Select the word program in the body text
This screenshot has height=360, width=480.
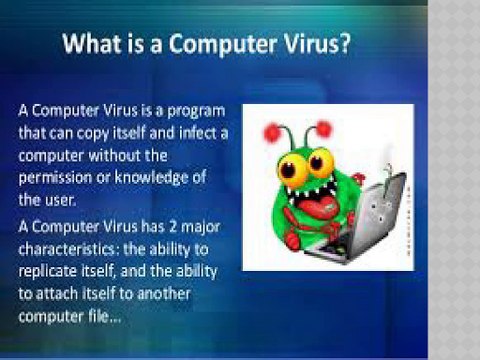tap(196, 112)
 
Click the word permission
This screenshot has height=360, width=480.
tap(55, 178)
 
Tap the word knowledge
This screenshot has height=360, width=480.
tap(151, 178)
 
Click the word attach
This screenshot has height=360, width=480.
tap(56, 294)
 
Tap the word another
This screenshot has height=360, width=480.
tap(164, 294)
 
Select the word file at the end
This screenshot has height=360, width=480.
tap(99, 316)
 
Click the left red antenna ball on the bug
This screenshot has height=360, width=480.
tap(273, 133)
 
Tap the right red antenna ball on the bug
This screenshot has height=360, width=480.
tap(323, 129)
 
